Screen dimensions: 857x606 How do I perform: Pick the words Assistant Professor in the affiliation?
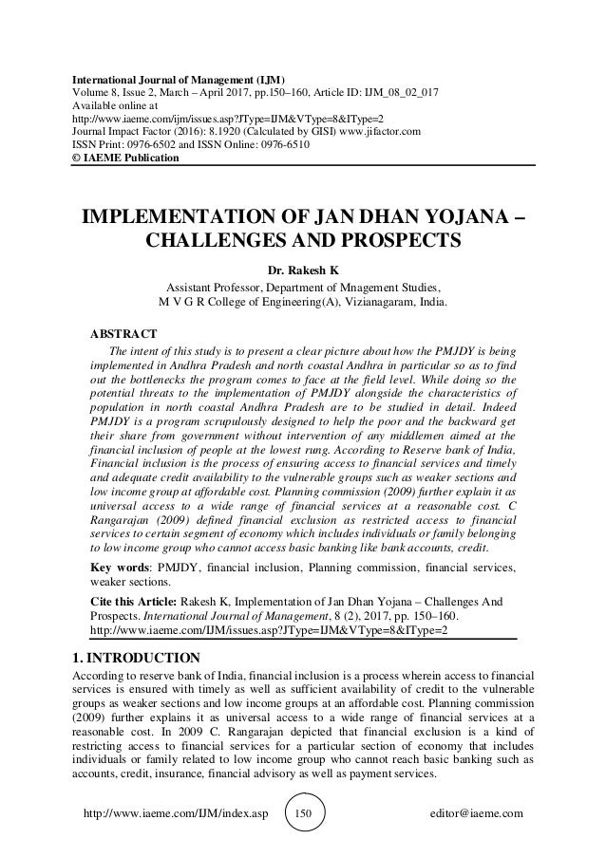point(215,287)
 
